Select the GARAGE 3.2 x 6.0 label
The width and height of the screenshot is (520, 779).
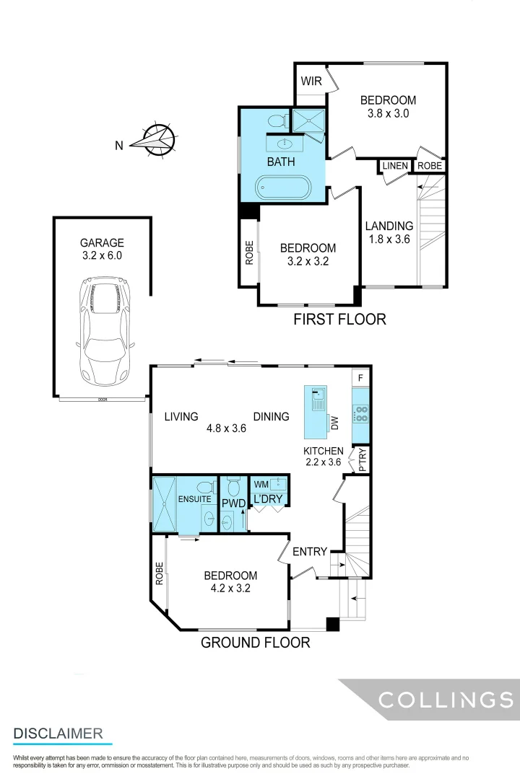[102, 250]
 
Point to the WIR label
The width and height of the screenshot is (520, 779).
[311, 81]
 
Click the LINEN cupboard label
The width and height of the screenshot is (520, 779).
[395, 166]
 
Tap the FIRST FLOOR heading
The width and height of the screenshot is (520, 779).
[339, 319]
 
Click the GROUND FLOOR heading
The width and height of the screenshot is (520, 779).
[255, 642]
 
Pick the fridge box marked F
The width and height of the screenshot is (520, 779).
[360, 377]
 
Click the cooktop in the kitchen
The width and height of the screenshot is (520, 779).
[360, 413]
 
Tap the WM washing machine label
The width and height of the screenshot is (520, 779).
[261, 484]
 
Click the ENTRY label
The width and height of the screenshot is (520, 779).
[310, 552]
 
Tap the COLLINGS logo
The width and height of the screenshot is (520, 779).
[446, 699]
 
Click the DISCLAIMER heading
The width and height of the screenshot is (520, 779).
[58, 734]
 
